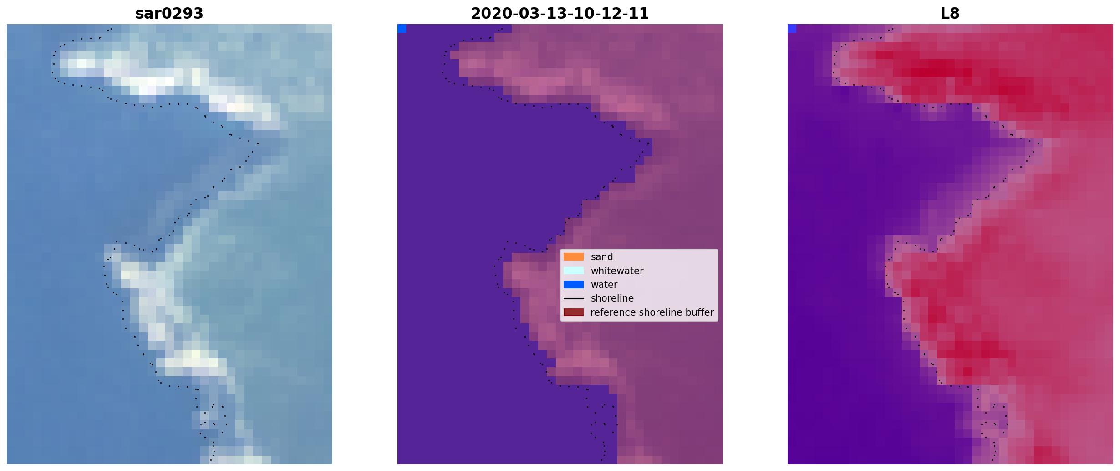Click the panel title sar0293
point(169,14)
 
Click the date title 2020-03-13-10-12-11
point(560,14)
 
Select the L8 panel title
point(950,14)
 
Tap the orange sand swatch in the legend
point(574,257)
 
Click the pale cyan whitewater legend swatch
point(574,271)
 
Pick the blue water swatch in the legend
point(574,285)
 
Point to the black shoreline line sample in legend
point(574,299)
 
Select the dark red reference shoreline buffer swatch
point(574,312)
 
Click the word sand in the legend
point(602,257)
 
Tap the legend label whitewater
point(617,271)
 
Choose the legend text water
point(604,285)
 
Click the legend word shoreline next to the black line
point(612,298)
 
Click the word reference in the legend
point(613,312)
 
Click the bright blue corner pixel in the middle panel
point(402,29)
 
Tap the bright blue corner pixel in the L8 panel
point(792,29)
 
